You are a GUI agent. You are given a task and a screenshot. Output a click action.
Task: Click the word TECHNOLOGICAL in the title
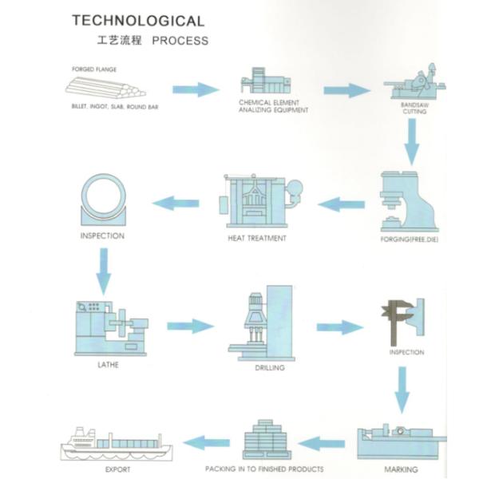click(x=137, y=21)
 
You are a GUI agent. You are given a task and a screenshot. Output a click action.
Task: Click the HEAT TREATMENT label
click(x=257, y=238)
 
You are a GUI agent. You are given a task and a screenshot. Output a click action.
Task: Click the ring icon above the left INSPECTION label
click(x=104, y=200)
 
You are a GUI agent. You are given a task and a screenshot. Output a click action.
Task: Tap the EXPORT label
click(x=117, y=469)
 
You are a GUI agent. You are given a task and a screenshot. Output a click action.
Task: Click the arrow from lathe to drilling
click(x=190, y=326)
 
